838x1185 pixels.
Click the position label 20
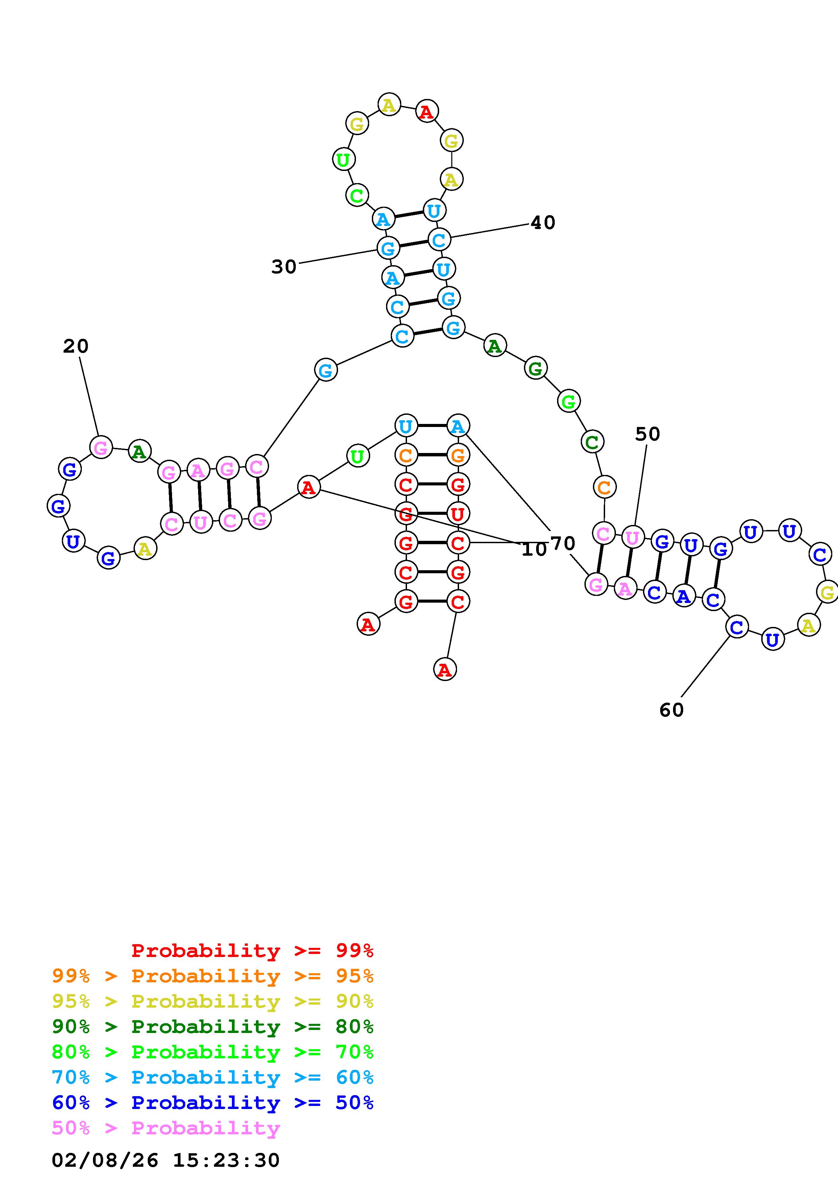[76, 346]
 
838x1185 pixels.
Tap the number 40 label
[543, 223]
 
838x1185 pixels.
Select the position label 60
[671, 710]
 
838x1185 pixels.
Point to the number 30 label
[284, 267]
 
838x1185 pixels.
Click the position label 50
[647, 434]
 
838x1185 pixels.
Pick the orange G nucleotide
[457, 455]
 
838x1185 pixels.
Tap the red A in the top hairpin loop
[427, 111]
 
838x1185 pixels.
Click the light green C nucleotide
[356, 196]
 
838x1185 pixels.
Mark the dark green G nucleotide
[535, 369]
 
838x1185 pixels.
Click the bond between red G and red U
[432, 513]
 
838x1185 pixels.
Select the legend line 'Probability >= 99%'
[252, 950]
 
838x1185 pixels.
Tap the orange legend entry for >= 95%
[213, 976]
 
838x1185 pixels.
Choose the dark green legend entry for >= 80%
[213, 1027]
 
